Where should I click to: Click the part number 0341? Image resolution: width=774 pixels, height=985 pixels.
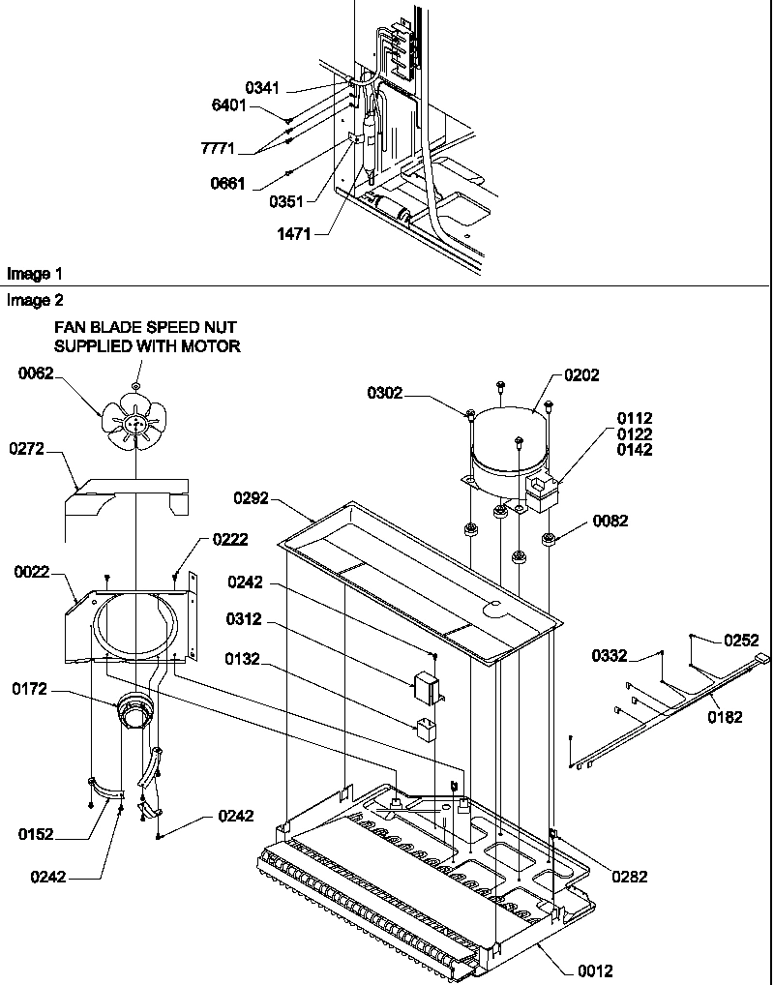(x=261, y=88)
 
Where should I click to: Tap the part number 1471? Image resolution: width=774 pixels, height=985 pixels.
(x=293, y=233)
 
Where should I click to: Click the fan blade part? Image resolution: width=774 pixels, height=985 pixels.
(x=134, y=423)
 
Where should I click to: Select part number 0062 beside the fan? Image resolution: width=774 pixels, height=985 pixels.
(x=36, y=373)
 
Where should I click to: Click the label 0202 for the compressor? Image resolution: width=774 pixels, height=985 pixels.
(x=581, y=375)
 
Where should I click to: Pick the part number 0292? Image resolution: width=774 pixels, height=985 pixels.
(x=252, y=498)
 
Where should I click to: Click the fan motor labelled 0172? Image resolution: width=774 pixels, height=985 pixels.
(x=132, y=715)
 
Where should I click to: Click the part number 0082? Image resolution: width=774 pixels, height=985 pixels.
(x=610, y=521)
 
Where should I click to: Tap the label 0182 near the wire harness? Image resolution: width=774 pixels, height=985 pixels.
(x=725, y=717)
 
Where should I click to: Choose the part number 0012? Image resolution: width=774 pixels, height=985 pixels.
(x=594, y=970)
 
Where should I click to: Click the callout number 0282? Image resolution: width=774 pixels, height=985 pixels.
(x=630, y=877)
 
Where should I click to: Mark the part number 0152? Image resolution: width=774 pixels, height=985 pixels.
(x=36, y=832)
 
